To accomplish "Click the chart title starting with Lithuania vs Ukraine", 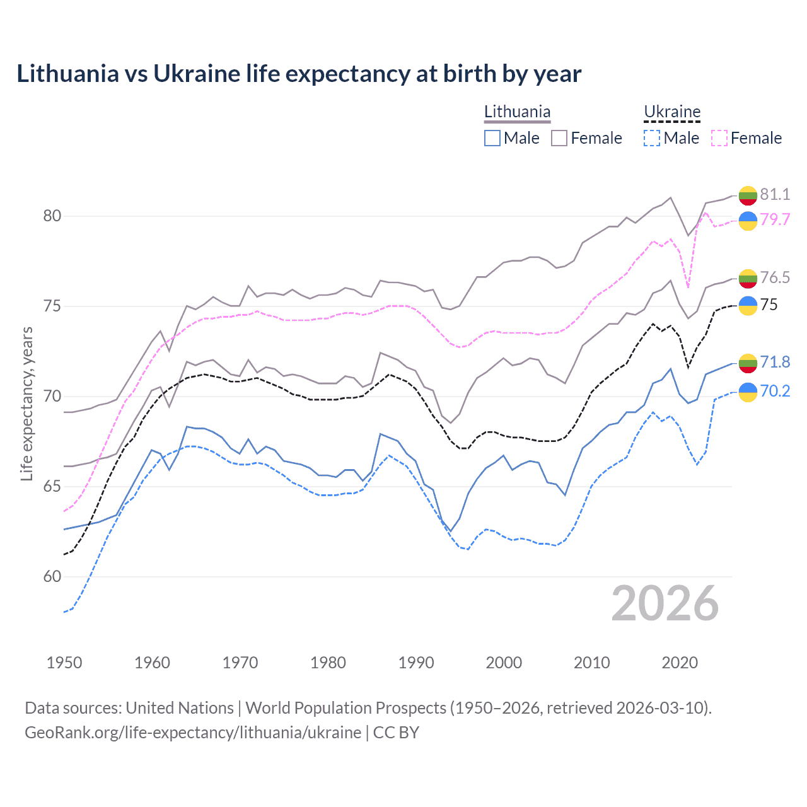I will [299, 74].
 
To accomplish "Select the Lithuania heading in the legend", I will [517, 112].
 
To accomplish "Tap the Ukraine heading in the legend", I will [672, 112].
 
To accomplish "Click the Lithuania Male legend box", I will [492, 138].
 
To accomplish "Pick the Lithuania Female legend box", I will [559, 138].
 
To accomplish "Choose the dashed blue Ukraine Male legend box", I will [652, 138].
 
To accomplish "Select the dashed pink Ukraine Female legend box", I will [719, 138].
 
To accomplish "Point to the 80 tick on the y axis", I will [52, 216].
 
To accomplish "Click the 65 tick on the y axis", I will [52, 486].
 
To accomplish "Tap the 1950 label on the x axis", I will [64, 663].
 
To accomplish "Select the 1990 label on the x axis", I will [416, 663].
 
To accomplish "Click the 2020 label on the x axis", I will [680, 663].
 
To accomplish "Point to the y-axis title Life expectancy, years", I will [27, 403].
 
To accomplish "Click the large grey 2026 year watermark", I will [665, 603].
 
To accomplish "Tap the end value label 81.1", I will [775, 194].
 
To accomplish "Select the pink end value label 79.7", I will [775, 219].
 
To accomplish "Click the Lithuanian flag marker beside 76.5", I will [748, 278].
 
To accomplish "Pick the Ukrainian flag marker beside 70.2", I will [748, 392].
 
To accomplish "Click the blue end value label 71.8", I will [775, 362].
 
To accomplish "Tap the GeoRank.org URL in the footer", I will [193, 733].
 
